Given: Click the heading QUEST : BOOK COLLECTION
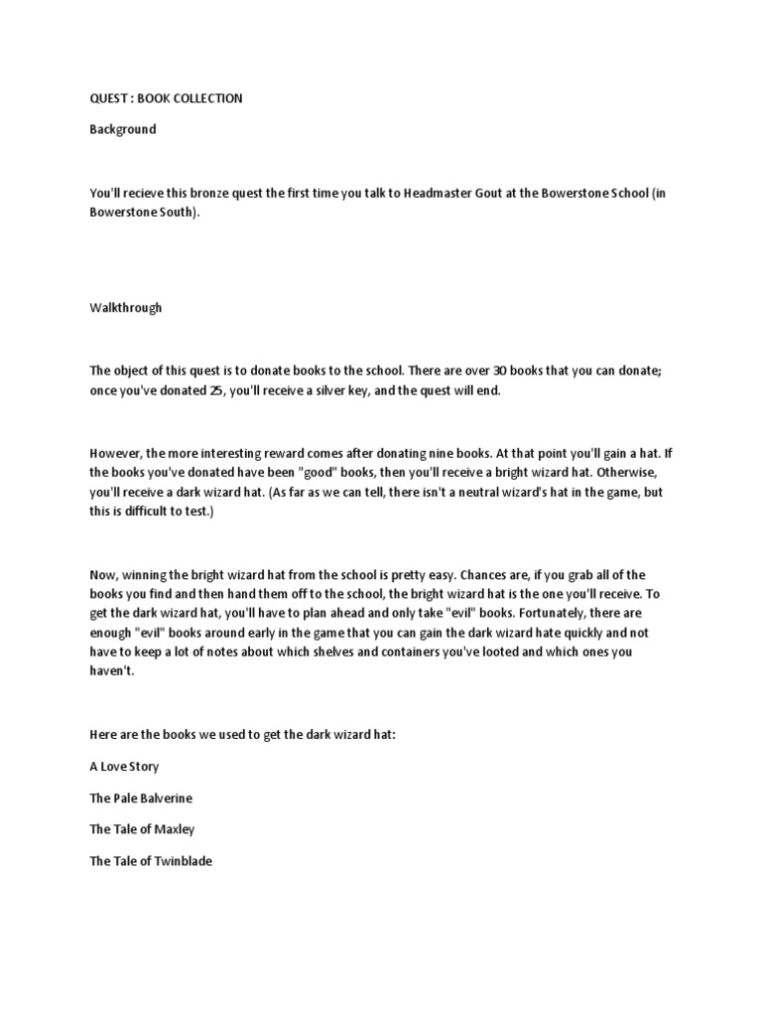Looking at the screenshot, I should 166,98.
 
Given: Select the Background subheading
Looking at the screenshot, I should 122,129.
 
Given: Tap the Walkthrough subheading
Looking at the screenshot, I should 125,308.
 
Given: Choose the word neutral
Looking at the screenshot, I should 420,494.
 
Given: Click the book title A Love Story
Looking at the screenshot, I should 124,767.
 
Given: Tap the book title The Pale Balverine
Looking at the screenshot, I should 141,798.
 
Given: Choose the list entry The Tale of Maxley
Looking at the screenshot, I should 142,829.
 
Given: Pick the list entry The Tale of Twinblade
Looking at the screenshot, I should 151,861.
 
